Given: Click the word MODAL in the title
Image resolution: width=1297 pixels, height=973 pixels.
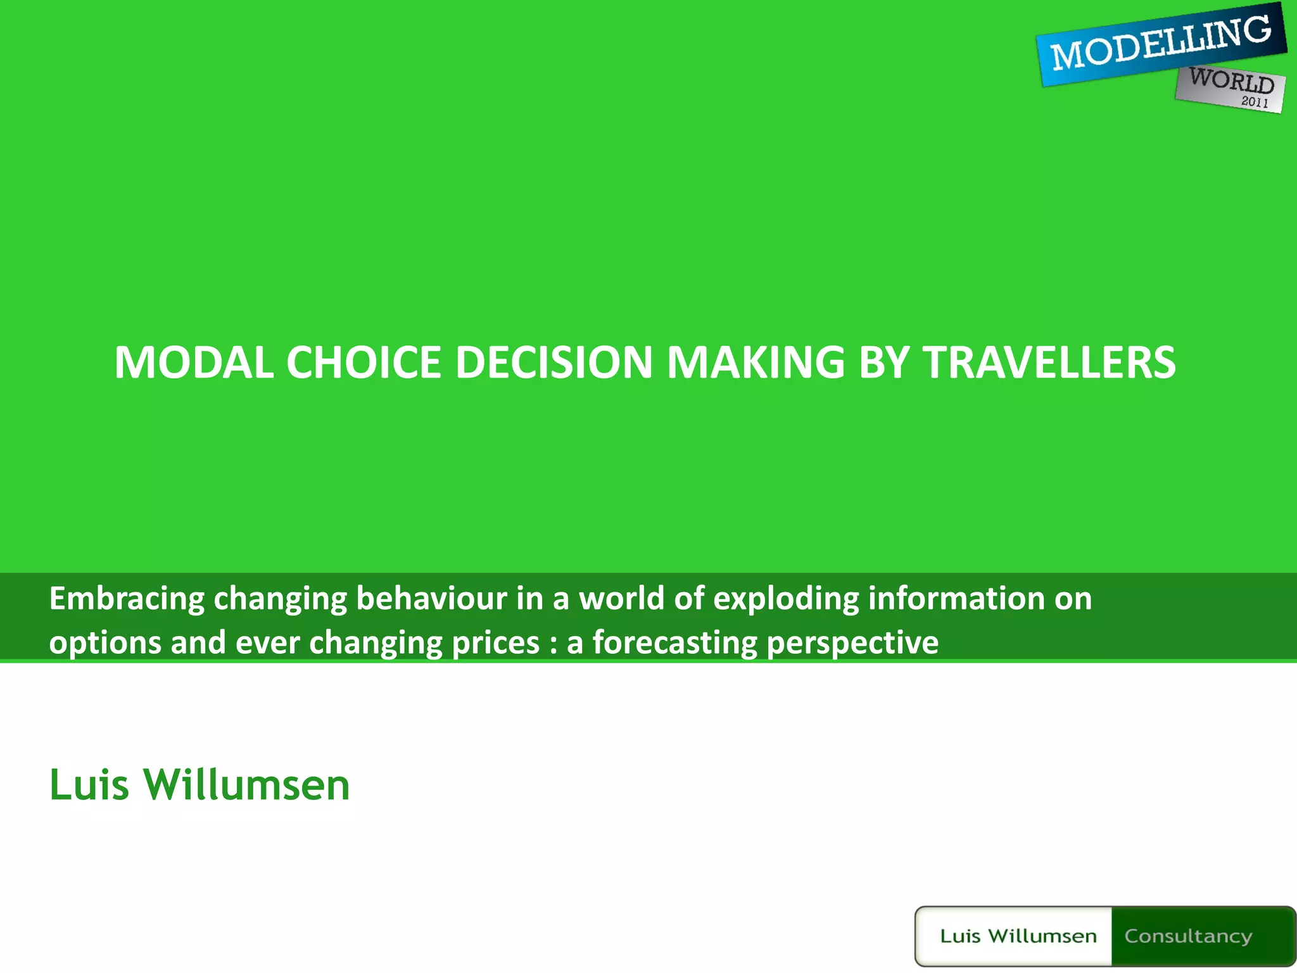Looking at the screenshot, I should pos(194,362).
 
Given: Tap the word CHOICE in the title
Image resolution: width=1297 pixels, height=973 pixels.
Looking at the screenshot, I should pos(364,362).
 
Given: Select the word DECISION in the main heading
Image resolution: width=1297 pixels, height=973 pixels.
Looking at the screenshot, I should pos(554,362).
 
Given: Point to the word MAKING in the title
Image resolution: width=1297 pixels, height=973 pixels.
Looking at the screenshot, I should pos(756,362).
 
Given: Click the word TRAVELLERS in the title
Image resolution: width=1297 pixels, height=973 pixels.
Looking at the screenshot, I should pos(1049,362).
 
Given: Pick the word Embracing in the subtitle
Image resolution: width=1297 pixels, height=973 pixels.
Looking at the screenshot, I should pos(127,599).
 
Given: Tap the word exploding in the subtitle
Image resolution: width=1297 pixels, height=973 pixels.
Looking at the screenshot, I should pos(786,599).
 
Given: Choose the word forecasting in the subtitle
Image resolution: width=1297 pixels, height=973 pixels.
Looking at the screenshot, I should pos(674,643).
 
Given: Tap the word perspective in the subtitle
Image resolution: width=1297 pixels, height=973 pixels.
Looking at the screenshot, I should pos(852,643).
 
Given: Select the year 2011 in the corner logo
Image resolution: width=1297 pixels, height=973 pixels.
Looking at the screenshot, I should pos(1255,101).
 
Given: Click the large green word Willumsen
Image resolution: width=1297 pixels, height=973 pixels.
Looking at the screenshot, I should pos(246,785).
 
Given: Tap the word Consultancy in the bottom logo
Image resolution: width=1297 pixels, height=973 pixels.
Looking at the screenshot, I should pos(1188,936).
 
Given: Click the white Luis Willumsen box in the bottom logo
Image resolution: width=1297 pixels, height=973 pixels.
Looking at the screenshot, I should pos(1017,936).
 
